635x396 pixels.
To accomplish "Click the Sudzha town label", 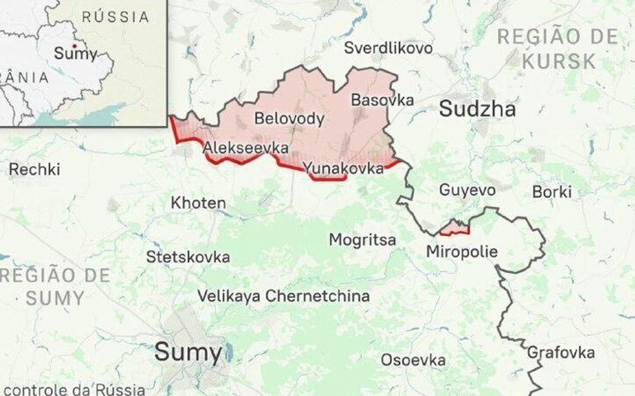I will coord(477,109).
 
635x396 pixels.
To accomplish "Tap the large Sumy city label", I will coord(188,354).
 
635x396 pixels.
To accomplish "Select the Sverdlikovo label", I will coord(388,48).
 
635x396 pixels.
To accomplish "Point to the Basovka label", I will coord(382,100).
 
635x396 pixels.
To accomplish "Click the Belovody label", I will coord(289,119).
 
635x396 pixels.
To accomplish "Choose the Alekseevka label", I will coord(246,148).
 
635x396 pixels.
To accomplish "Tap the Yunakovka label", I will coord(343,168).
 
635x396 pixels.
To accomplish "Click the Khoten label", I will coord(198,202).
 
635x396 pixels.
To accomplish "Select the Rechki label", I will coord(34,169).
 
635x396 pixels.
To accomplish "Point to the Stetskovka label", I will coord(188,257).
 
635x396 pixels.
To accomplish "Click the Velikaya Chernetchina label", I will coord(284,296).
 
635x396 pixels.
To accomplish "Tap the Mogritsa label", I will coord(362,240).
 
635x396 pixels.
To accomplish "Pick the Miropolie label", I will coord(463,251).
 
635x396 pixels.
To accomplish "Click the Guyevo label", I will coord(468,190).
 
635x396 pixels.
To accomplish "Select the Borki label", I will coord(552,191).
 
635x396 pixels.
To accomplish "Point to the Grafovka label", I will coord(561,352).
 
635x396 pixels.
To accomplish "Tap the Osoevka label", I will coord(413,360).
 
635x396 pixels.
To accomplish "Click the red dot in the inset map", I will coord(74,45).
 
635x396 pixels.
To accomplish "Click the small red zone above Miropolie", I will coord(454,228).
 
